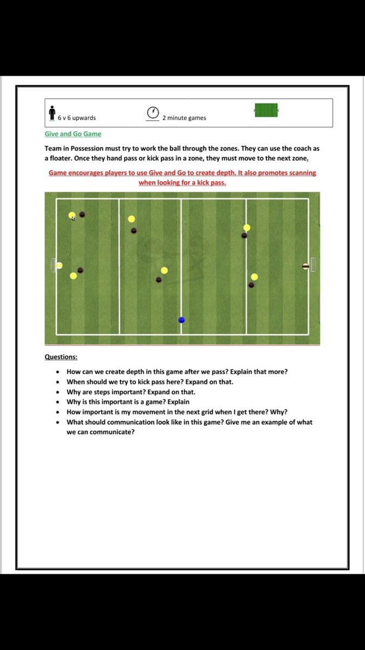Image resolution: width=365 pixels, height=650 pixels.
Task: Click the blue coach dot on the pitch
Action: pyautogui.click(x=182, y=320)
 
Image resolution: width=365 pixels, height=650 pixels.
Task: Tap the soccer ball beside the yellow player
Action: pyautogui.click(x=74, y=218)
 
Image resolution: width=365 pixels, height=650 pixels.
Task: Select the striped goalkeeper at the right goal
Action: pyautogui.click(x=306, y=266)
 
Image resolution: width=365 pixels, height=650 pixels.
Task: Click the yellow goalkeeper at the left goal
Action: pyautogui.click(x=59, y=265)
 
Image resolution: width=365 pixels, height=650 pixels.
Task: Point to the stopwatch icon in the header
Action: pyautogui.click(x=153, y=113)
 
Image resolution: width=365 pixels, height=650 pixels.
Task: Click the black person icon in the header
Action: pyautogui.click(x=52, y=113)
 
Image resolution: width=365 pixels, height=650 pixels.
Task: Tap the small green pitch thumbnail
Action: pyautogui.click(x=266, y=110)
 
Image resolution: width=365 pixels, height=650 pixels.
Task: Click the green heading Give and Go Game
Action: pyautogui.click(x=72, y=134)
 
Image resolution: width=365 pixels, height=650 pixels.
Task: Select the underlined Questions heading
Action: pyautogui.click(x=61, y=357)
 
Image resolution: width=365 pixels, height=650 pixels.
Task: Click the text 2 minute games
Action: pyautogui.click(x=184, y=118)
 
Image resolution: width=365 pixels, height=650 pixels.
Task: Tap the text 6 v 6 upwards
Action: pyautogui.click(x=77, y=118)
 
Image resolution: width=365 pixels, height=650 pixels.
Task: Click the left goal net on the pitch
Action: pyautogui.click(x=54, y=265)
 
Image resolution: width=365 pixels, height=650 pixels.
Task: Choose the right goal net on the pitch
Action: pyautogui.click(x=313, y=265)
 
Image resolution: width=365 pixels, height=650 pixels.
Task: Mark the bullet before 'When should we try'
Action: pyautogui.click(x=57, y=382)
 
